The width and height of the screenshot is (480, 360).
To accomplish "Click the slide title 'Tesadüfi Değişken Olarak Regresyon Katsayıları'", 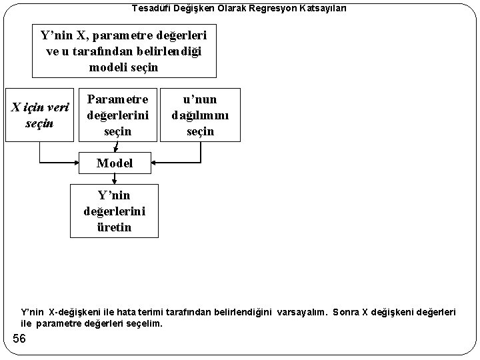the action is point(239,8).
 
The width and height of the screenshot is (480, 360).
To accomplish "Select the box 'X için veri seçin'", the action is point(39,115).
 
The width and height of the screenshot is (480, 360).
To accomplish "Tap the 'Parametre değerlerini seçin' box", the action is point(117,114).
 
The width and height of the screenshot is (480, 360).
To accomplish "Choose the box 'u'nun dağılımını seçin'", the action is point(200,114).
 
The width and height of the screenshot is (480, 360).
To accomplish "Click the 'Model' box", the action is point(115,162).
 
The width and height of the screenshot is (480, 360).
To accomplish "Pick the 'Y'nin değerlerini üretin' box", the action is point(115,211).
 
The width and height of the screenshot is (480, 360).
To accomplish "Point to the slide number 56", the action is point(19,339).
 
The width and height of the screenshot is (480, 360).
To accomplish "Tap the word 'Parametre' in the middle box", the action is point(118,99).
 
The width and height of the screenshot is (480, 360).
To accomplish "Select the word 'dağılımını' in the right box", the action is point(200,115).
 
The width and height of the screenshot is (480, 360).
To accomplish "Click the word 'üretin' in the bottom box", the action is point(115,227).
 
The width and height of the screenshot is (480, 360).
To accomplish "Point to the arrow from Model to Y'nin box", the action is point(115,178).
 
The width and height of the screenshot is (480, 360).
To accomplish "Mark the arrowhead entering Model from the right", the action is point(155,162).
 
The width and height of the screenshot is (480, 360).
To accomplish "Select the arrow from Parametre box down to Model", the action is point(117,146).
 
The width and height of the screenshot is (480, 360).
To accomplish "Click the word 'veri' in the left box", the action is point(59,107).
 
